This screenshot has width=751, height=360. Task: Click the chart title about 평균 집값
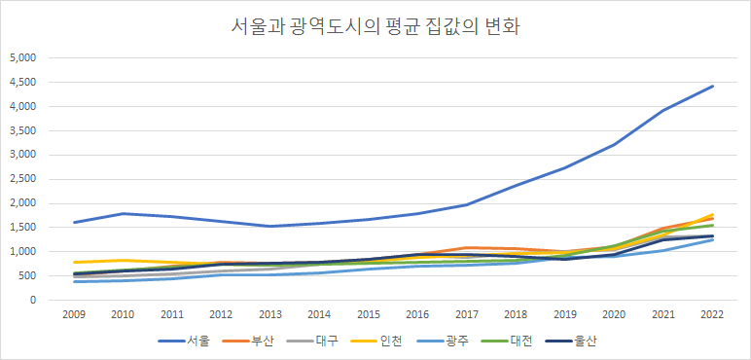tap(375, 26)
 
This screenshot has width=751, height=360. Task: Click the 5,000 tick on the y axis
tap(22, 57)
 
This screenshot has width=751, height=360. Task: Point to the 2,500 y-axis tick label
tap(22, 179)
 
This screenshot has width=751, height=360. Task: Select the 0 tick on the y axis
tap(33, 301)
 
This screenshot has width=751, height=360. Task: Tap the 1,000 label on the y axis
tap(22, 252)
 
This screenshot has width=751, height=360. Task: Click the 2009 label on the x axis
tap(75, 315)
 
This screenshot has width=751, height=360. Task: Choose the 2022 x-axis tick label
tap(712, 315)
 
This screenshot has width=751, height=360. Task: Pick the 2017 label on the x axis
tap(467, 315)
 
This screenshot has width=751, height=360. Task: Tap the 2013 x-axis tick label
tap(270, 315)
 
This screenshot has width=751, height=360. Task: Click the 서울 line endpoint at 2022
tap(712, 86)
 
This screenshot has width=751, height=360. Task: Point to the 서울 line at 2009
tap(75, 222)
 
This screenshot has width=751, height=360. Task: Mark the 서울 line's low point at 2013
tap(270, 226)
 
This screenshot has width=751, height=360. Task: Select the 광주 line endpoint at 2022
tap(712, 239)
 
